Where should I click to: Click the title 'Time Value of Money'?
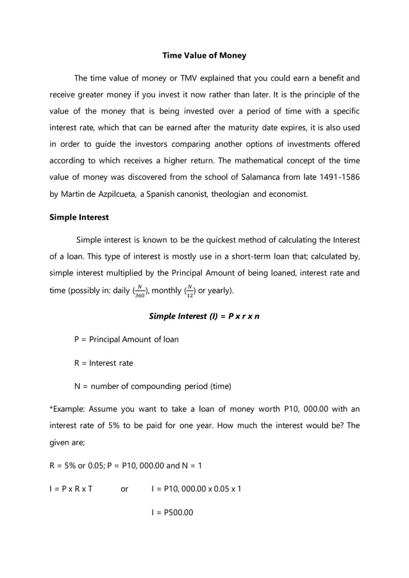click(204, 56)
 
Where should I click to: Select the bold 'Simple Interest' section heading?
click(79, 217)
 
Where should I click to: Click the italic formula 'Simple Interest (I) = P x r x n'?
click(204, 317)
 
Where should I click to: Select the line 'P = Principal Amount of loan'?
click(126, 339)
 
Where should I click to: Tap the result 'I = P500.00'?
click(172, 512)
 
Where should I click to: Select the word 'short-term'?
click(267, 256)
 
